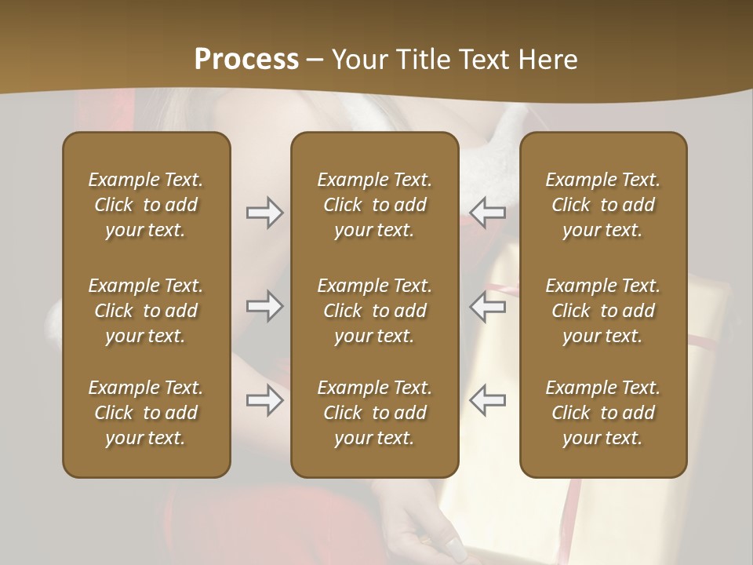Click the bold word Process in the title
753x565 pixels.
point(246,60)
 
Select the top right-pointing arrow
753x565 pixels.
point(264,213)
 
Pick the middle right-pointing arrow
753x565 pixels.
point(264,307)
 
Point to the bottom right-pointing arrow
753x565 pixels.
point(264,401)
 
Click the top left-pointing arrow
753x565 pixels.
point(487,213)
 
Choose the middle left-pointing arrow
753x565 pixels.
point(487,307)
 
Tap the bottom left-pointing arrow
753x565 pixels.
point(487,401)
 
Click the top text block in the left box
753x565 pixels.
point(146,205)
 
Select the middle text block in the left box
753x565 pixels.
point(146,311)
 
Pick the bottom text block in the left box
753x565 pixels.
point(146,413)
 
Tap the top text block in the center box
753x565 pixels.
point(374,205)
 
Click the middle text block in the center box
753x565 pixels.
point(374,311)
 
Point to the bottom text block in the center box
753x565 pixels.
point(374,413)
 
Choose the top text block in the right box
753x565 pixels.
point(602,205)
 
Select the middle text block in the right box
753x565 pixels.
point(602,311)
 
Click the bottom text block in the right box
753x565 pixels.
point(602,413)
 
